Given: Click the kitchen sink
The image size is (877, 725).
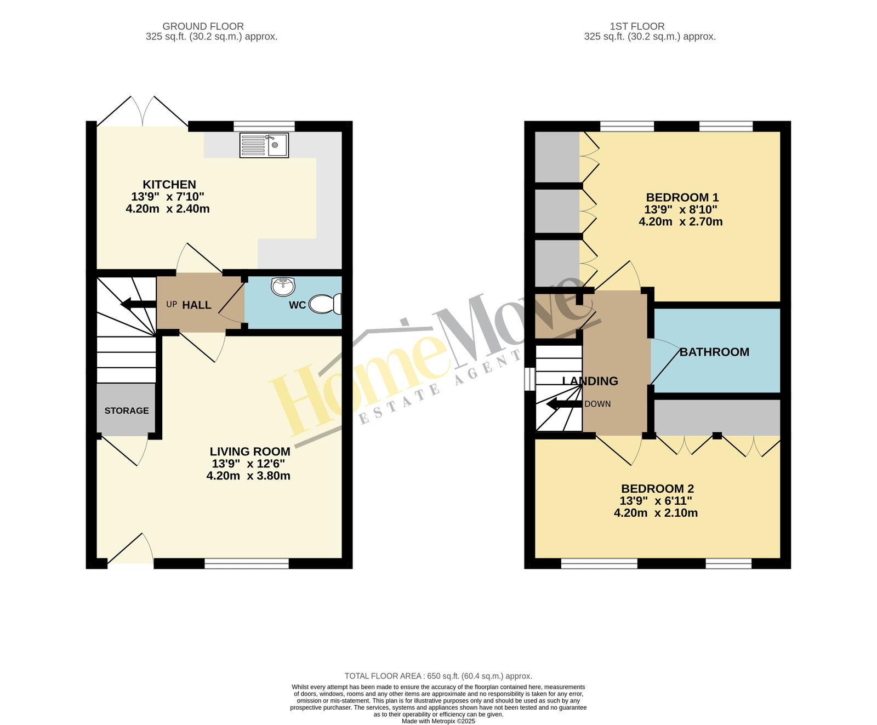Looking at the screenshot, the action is tap(264, 145).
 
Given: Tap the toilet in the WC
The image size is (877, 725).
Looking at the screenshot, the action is tap(325, 304).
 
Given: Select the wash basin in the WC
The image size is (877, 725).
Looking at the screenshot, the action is tap(283, 286).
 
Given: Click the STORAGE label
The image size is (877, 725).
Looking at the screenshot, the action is tap(127, 410).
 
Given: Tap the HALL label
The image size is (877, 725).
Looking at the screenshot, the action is tap(197, 305).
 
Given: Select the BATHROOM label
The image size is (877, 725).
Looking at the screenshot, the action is tap(714, 352).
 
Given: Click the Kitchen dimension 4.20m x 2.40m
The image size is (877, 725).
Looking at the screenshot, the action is tap(168, 209).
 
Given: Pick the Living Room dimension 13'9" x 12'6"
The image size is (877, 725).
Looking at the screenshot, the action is tap(248, 464).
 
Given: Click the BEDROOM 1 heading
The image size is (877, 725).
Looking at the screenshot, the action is tap(682, 197).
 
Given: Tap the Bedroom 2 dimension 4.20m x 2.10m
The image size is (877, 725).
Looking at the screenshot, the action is tap(656, 513).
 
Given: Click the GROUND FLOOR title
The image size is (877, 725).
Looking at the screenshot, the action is tap(203, 26).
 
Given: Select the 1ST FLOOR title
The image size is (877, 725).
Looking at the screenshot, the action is tap(637, 26).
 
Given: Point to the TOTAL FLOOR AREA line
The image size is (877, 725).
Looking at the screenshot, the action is tap(438, 676).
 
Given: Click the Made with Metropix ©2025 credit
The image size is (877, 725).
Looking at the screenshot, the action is tap(438, 721).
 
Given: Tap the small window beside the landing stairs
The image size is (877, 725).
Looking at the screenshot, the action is tap(530, 379).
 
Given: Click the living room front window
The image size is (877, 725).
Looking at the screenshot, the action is tap(247, 563).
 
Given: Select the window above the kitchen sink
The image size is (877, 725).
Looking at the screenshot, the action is tap(264, 126).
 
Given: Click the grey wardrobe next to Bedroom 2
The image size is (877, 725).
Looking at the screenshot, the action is tap(717, 417).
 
